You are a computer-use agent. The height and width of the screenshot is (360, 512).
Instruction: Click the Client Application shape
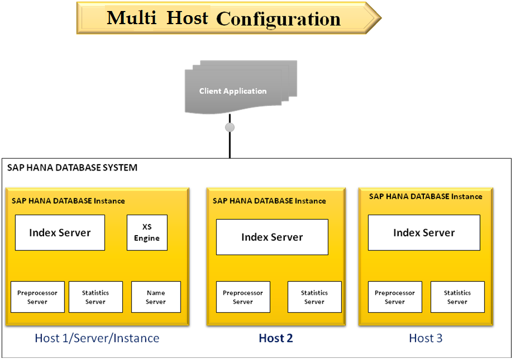coord(233,90)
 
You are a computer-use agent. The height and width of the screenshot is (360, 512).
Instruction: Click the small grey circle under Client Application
coord(229,127)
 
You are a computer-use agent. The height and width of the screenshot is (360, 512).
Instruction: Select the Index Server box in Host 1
coord(60,232)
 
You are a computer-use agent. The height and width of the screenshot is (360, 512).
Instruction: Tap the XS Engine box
coord(147,232)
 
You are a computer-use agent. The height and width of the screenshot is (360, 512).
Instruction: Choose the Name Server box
coord(155,297)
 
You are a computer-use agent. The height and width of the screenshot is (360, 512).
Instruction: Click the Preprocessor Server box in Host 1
coord(37,297)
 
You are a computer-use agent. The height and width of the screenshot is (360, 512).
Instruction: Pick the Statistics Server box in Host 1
coord(95,297)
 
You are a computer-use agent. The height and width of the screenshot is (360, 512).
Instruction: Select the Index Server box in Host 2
coord(272,237)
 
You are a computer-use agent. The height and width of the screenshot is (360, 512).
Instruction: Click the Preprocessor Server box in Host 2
coord(243,297)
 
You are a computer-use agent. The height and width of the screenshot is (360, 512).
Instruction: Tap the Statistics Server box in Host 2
coord(314,297)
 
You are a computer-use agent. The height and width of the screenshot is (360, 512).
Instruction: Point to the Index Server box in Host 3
coord(424,232)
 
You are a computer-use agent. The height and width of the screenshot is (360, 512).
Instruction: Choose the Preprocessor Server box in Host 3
coord(394,297)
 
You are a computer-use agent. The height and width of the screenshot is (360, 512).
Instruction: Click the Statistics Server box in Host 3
coord(457,297)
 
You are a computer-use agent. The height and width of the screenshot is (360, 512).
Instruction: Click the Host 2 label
coord(275,338)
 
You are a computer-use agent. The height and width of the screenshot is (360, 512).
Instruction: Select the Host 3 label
coord(425,338)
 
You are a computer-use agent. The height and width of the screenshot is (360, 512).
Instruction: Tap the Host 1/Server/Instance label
coord(97,338)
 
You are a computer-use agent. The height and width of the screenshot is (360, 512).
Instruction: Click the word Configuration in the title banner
coord(278,19)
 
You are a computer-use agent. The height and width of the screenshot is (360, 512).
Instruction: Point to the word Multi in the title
coord(132,18)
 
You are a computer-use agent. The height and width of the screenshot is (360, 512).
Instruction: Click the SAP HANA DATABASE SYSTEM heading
coord(72,168)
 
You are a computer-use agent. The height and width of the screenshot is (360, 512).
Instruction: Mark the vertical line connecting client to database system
coord(229,145)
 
